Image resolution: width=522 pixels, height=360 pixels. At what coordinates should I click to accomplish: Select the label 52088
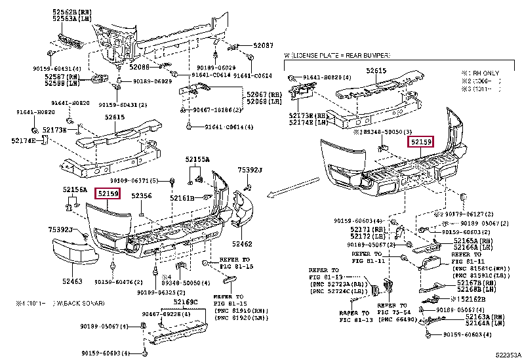(139, 66)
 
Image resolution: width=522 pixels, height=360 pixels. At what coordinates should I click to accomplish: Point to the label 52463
(72, 281)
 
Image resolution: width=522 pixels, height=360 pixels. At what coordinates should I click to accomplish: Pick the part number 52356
(141, 195)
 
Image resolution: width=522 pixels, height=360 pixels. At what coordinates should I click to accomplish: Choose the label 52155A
(197, 159)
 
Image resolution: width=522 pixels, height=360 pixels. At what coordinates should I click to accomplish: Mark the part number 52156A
(75, 190)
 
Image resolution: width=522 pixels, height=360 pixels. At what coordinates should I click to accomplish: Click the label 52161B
(182, 197)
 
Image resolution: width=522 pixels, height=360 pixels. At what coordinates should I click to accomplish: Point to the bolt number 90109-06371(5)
(134, 180)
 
